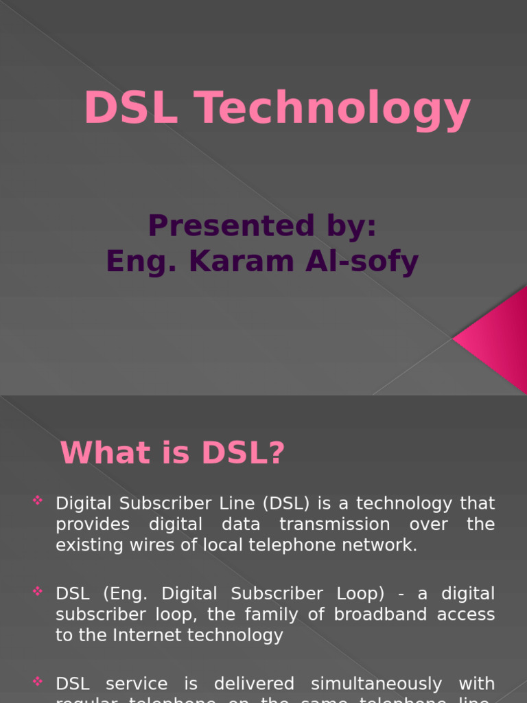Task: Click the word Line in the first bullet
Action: [x=235, y=503]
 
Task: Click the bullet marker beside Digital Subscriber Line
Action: [x=38, y=500]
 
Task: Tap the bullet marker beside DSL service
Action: [x=38, y=681]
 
